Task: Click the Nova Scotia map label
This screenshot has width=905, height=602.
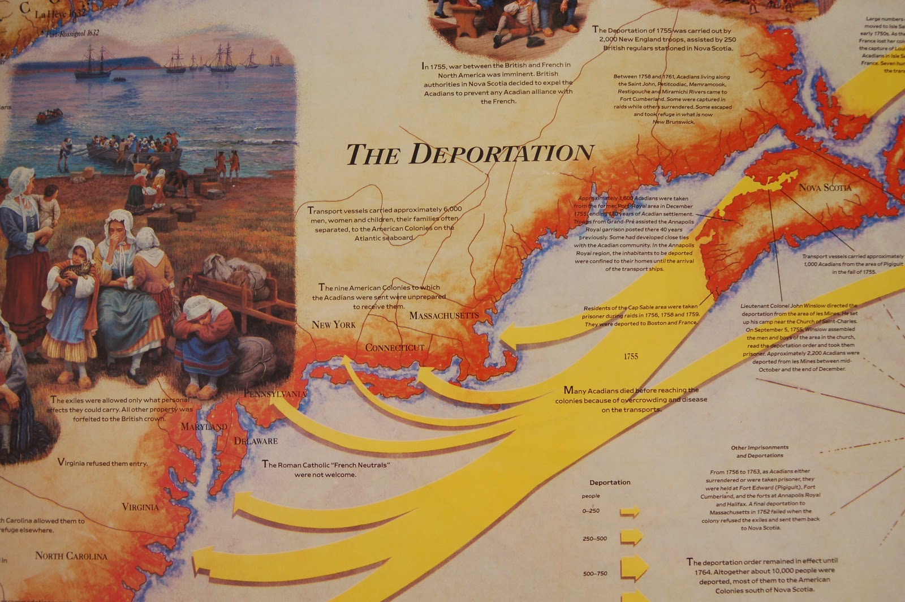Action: [825, 187]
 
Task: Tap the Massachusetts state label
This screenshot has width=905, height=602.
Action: [444, 315]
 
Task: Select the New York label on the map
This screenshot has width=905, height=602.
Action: [334, 325]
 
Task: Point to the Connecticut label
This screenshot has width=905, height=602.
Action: [395, 347]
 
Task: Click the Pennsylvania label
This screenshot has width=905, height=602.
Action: [275, 393]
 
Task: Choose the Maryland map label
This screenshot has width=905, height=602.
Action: [204, 427]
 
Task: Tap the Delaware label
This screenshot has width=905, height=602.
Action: [256, 441]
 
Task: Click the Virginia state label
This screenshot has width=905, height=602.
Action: [140, 507]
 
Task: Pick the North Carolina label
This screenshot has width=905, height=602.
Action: [71, 556]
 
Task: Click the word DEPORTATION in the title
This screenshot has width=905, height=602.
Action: [501, 154]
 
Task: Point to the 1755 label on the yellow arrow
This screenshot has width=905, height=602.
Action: [631, 356]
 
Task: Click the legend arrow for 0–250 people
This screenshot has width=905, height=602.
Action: [630, 512]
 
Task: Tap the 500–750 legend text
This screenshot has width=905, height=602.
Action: [594, 574]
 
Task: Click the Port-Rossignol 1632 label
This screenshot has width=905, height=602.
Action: [73, 33]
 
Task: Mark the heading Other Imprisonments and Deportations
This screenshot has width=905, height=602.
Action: [760, 451]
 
